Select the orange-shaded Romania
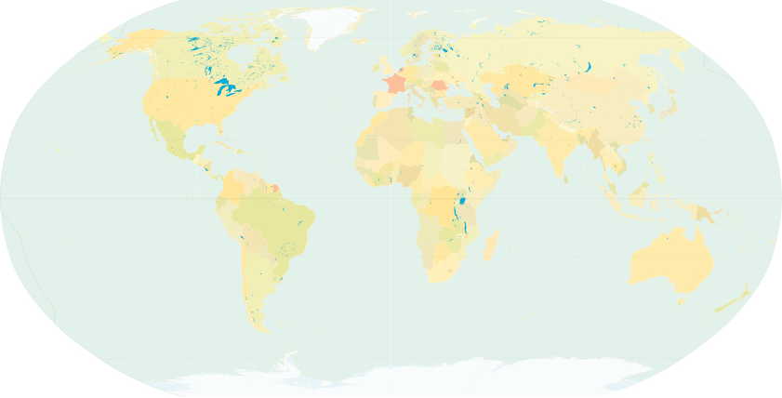438,85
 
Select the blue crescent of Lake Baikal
590,67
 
